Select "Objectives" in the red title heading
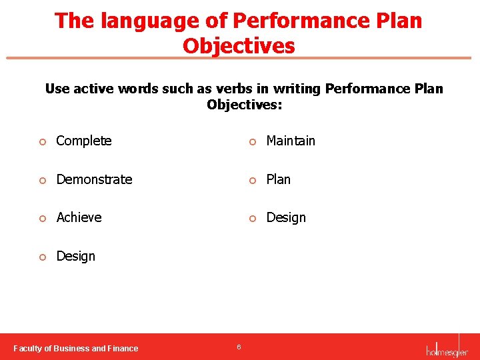[239, 46]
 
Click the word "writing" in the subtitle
[297, 89]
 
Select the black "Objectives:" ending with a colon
[244, 105]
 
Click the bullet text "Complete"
[84, 141]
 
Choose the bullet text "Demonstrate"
[94, 179]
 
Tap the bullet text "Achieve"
[79, 217]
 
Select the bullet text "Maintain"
[291, 141]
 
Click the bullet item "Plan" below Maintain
[278, 179]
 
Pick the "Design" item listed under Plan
[286, 217]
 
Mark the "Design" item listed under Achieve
[75, 256]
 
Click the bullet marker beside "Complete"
[42, 141]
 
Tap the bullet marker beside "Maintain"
[252, 141]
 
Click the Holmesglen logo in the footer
[447, 347]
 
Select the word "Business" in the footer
[71, 348]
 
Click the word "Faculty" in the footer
[29, 348]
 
